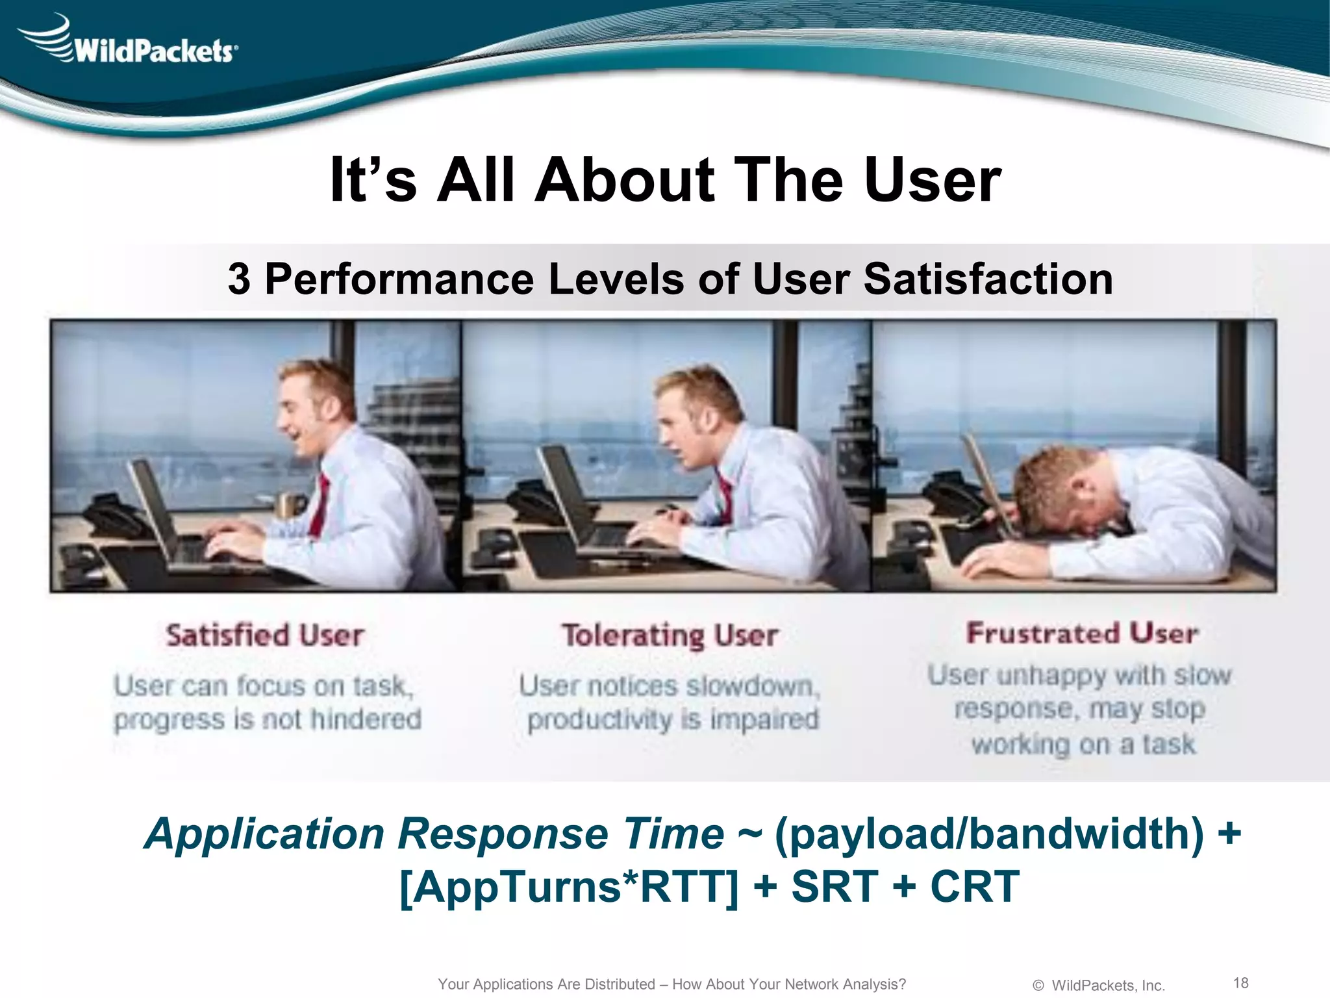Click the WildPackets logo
130,42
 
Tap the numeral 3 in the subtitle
239,279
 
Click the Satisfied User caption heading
264,635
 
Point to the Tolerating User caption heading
670,635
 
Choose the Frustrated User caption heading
1082,633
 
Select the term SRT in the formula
834,886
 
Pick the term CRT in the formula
974,886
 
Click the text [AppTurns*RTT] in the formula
568,886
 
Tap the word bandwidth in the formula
1078,834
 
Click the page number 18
1240,982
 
